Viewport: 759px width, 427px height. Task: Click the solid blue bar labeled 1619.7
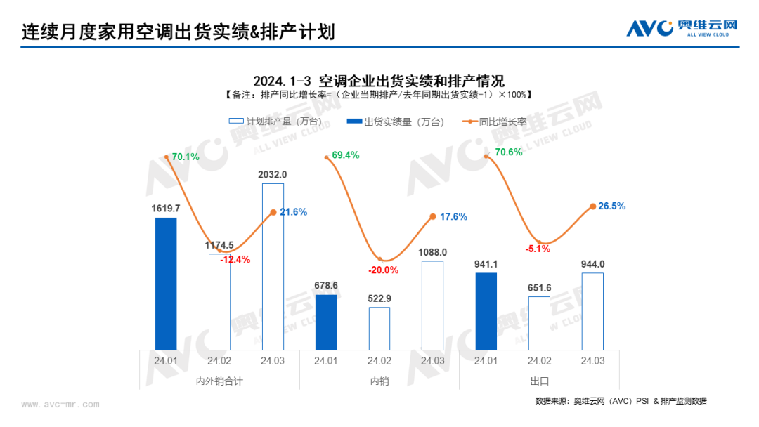(x=166, y=283)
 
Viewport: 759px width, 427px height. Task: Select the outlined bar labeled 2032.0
(x=273, y=266)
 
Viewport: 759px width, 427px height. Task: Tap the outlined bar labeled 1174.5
(x=219, y=301)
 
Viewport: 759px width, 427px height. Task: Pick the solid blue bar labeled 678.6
(x=326, y=322)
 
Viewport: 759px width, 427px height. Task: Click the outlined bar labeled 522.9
(x=379, y=328)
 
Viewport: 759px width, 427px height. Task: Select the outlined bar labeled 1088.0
(x=432, y=305)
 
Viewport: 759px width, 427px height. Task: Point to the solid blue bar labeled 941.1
(x=486, y=310)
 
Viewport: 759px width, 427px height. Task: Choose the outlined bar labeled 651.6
(x=539, y=322)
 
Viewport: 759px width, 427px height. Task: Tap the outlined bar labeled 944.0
(x=592, y=310)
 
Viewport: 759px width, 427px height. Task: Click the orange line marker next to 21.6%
(x=273, y=212)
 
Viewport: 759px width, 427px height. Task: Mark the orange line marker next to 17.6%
(x=433, y=217)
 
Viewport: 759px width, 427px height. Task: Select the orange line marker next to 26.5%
(x=592, y=206)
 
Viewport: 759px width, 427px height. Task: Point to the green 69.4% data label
(x=346, y=155)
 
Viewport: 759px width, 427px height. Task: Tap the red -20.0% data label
(x=382, y=270)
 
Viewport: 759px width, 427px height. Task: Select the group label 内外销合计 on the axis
(x=219, y=381)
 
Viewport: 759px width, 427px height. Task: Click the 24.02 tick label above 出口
(x=539, y=360)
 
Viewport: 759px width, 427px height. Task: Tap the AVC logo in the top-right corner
(x=682, y=28)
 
